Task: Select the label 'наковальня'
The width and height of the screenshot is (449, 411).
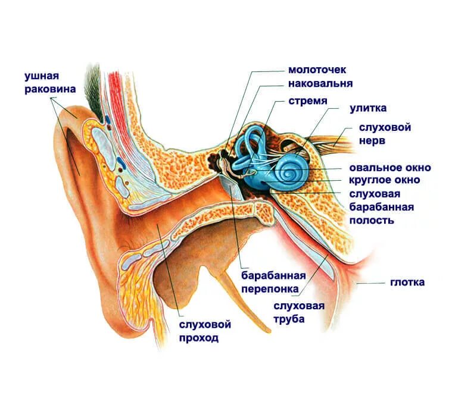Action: pyautogui.click(x=320, y=84)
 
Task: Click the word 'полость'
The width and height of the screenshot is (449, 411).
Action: pyautogui.click(x=371, y=220)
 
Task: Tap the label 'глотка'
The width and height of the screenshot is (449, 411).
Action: pyautogui.click(x=407, y=282)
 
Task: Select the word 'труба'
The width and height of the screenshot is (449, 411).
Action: pyautogui.click(x=289, y=319)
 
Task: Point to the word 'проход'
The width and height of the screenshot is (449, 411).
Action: pyautogui.click(x=199, y=338)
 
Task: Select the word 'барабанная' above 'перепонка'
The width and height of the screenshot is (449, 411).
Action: pyautogui.click(x=273, y=275)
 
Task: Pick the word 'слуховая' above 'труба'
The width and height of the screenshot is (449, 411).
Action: pyautogui.click(x=299, y=306)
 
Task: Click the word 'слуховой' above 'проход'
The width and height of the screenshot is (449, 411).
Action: pyautogui.click(x=205, y=324)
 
